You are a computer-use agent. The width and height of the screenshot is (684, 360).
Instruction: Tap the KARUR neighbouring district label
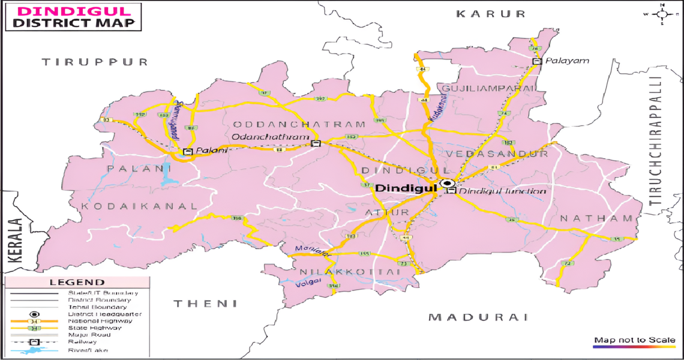(490, 13)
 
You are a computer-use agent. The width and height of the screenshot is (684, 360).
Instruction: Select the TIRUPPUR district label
(95, 62)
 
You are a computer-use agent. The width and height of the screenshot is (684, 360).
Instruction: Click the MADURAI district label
(478, 317)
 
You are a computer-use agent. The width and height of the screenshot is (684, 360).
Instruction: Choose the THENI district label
(205, 304)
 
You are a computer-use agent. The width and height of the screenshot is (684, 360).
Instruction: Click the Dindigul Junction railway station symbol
(451, 191)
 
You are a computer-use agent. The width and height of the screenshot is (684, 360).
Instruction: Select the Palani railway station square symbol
(188, 152)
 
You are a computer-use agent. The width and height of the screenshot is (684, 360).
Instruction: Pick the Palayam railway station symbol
(537, 61)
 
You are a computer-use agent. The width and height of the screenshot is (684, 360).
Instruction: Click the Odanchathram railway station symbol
(316, 143)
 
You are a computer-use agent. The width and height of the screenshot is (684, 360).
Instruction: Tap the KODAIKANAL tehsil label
(139, 206)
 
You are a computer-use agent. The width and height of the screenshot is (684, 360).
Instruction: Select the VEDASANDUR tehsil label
(497, 154)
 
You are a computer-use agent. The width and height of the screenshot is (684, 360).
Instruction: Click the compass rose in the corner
(662, 13)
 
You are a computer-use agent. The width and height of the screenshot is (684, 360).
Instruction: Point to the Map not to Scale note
(634, 340)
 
